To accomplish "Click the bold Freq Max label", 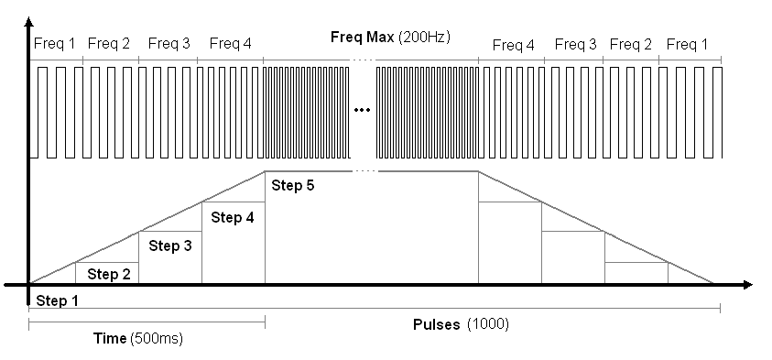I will click(x=363, y=38).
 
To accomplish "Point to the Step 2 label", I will click(x=109, y=274).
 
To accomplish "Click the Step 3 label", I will click(x=170, y=245).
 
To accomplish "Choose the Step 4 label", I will click(x=233, y=217).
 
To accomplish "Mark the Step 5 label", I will click(x=292, y=186).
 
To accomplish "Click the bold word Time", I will click(x=110, y=338).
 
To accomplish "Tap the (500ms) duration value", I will click(x=157, y=338).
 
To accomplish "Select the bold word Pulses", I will click(x=436, y=325).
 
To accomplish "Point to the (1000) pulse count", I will click(x=488, y=325).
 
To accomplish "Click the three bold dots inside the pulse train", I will click(x=362, y=111).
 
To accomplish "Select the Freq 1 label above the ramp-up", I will click(x=54, y=43).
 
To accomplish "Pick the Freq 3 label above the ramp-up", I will click(x=169, y=43).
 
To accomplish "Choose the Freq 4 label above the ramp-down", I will click(x=513, y=44).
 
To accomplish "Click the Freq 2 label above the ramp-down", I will click(x=631, y=44).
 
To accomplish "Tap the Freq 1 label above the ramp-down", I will click(x=689, y=44).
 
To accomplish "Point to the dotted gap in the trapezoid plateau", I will click(x=364, y=171).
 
